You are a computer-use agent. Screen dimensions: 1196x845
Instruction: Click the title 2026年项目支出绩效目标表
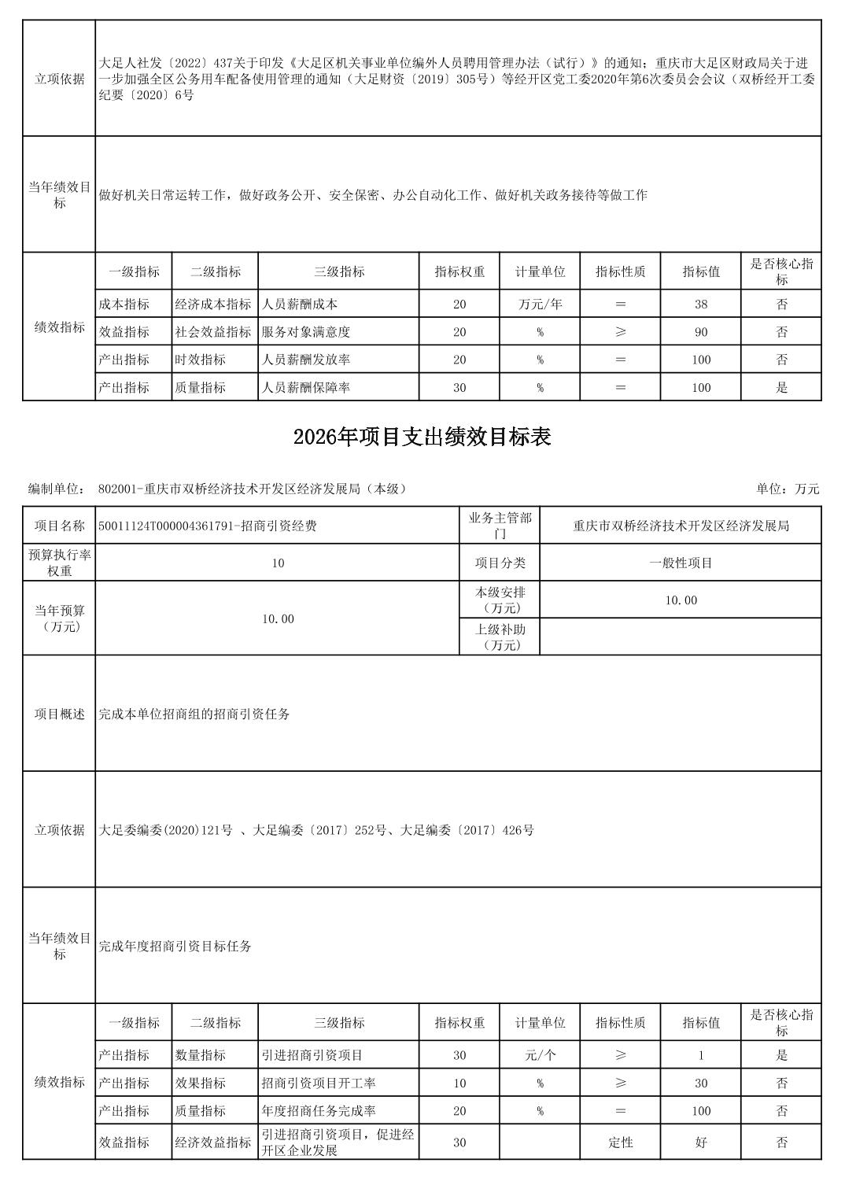click(x=422, y=437)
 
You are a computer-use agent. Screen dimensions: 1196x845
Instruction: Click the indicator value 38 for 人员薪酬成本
click(x=700, y=305)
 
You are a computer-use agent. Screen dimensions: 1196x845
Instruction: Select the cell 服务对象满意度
click(x=306, y=332)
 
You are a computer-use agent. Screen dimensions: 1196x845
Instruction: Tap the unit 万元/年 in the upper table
click(x=540, y=305)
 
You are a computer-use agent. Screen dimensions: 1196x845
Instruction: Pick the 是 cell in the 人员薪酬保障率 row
click(x=781, y=387)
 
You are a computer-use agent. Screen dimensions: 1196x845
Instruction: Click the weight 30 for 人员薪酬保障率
click(x=459, y=387)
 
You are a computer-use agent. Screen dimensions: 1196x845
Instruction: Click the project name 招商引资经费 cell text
click(x=208, y=526)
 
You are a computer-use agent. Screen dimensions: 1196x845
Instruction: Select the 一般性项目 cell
click(x=681, y=563)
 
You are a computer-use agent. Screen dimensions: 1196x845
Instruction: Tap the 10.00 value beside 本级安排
click(x=681, y=600)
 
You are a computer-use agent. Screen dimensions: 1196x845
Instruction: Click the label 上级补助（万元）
click(x=500, y=637)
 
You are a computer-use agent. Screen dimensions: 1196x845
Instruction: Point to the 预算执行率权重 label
click(x=60, y=563)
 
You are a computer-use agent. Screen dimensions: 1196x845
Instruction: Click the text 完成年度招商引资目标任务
click(x=175, y=946)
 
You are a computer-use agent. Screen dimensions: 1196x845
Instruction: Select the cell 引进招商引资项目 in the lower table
click(x=312, y=1055)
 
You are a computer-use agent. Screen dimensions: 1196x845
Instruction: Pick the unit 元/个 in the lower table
click(x=540, y=1055)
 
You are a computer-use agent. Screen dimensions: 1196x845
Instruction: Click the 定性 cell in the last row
click(x=620, y=1142)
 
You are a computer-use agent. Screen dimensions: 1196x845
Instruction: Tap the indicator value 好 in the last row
click(x=700, y=1142)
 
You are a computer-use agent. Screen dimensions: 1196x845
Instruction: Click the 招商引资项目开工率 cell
click(x=319, y=1083)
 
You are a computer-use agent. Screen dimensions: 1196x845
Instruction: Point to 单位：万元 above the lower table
click(x=788, y=489)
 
